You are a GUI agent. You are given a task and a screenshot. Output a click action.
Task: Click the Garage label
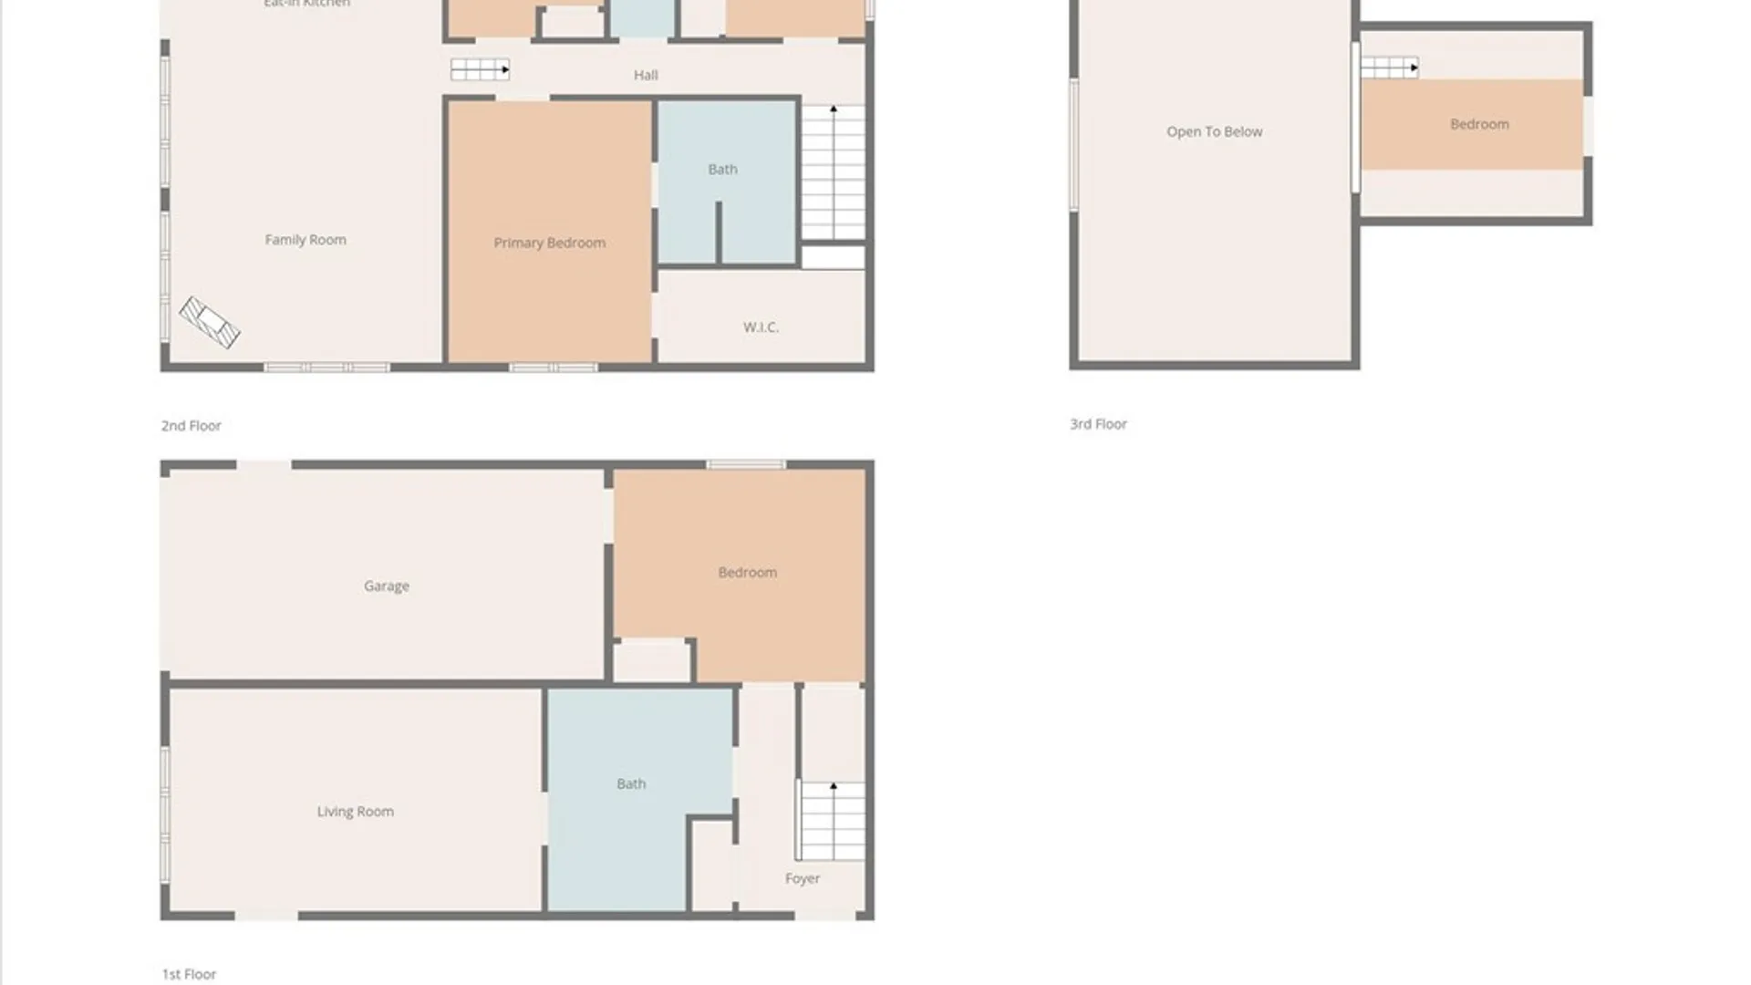(x=387, y=586)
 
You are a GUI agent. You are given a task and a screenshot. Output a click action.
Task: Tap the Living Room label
(x=356, y=811)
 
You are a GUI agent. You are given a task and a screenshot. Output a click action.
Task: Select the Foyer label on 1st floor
(x=803, y=878)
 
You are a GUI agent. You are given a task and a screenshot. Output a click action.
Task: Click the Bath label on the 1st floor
(x=631, y=783)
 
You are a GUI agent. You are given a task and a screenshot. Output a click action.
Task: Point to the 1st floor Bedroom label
(x=748, y=572)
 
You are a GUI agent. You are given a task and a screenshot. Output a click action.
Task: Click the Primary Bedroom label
(x=550, y=243)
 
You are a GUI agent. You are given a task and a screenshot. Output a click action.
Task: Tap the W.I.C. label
(x=761, y=327)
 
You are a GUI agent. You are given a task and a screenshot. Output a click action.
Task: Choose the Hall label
(x=646, y=75)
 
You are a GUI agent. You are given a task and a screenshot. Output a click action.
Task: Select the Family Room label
(x=306, y=239)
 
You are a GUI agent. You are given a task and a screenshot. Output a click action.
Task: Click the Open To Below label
(x=1215, y=131)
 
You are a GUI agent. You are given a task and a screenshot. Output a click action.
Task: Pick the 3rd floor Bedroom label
(x=1479, y=124)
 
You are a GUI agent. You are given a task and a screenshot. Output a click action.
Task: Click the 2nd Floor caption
(x=192, y=425)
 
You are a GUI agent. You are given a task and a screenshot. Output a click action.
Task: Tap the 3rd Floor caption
(x=1099, y=424)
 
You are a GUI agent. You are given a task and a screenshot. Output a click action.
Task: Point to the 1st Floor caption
(x=190, y=974)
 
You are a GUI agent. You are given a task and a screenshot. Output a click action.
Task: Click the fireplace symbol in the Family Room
(x=209, y=322)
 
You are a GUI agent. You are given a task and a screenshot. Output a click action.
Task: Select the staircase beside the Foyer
(x=832, y=821)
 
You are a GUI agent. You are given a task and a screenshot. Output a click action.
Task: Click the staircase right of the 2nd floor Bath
(x=833, y=172)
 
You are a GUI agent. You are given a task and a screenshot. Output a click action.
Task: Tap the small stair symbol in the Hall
(x=480, y=69)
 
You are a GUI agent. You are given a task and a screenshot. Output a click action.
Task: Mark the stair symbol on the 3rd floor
(x=1389, y=67)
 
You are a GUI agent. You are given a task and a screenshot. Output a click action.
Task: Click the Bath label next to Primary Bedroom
(x=722, y=169)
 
